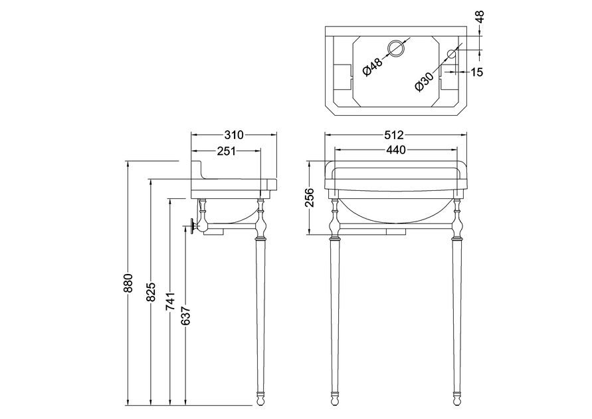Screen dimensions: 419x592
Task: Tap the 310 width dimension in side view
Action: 234,134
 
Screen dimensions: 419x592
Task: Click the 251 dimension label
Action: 227,150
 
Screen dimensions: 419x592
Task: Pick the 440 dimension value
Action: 396,150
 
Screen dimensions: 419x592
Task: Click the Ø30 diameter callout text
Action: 423,82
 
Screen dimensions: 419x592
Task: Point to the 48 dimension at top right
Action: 481,16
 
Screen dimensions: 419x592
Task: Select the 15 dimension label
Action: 478,71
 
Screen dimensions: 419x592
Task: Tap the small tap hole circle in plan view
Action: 452,54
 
